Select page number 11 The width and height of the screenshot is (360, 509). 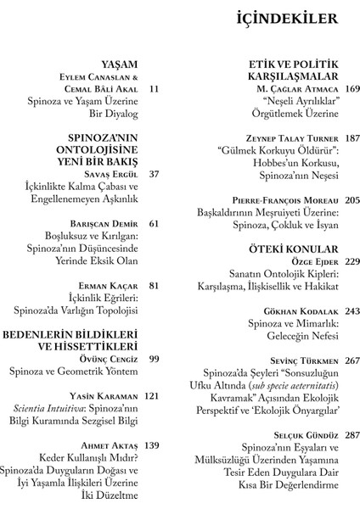point(153,88)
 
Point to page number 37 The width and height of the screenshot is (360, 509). point(153,174)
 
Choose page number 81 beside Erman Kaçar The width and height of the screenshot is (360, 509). point(153,286)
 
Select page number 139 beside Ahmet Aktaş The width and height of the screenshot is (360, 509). point(153,445)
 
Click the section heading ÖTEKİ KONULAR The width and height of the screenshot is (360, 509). point(287,249)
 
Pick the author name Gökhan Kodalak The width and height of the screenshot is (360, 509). point(296,311)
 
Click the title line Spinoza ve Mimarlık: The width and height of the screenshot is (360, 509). point(294,324)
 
